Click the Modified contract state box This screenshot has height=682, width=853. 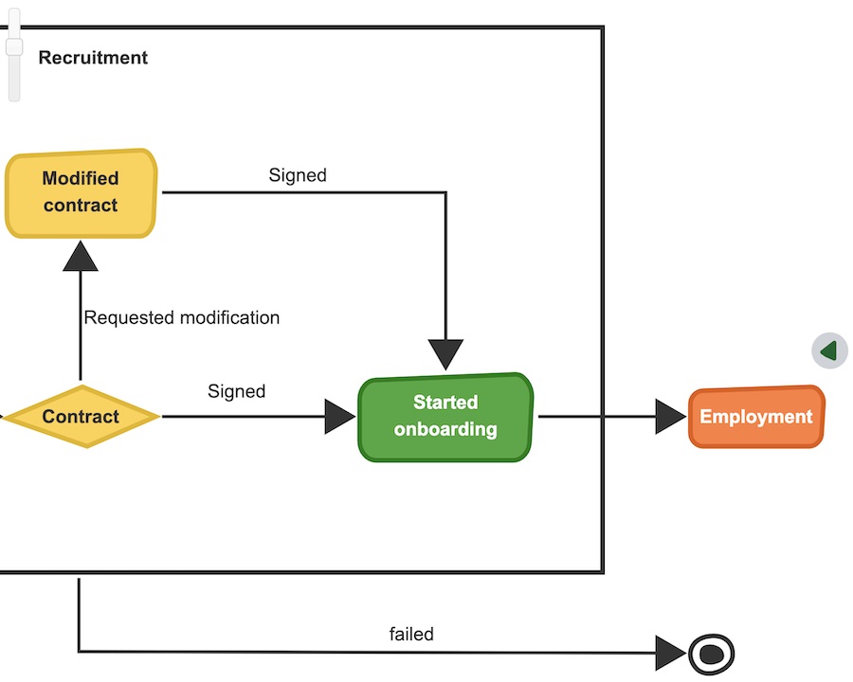(81, 192)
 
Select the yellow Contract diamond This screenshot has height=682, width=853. (81, 417)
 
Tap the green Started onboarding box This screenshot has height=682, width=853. (445, 417)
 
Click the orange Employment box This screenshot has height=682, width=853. (755, 417)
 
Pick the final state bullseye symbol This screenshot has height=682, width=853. (711, 653)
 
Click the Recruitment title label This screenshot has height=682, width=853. (93, 58)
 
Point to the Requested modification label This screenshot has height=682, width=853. (182, 318)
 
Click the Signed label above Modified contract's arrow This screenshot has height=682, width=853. (298, 175)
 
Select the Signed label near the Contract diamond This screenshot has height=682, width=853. (236, 391)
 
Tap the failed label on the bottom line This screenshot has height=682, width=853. (411, 635)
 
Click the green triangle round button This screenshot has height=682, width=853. (829, 351)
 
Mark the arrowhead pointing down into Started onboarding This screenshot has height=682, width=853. (445, 354)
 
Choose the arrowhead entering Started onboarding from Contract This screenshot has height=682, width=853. (339, 417)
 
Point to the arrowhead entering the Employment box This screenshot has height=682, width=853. (670, 417)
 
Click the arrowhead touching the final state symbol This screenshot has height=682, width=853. (670, 653)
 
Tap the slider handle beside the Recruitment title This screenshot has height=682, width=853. (14, 46)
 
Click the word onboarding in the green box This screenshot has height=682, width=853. (445, 429)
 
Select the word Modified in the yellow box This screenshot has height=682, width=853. (81, 178)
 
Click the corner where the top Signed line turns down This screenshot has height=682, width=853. (445, 192)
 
